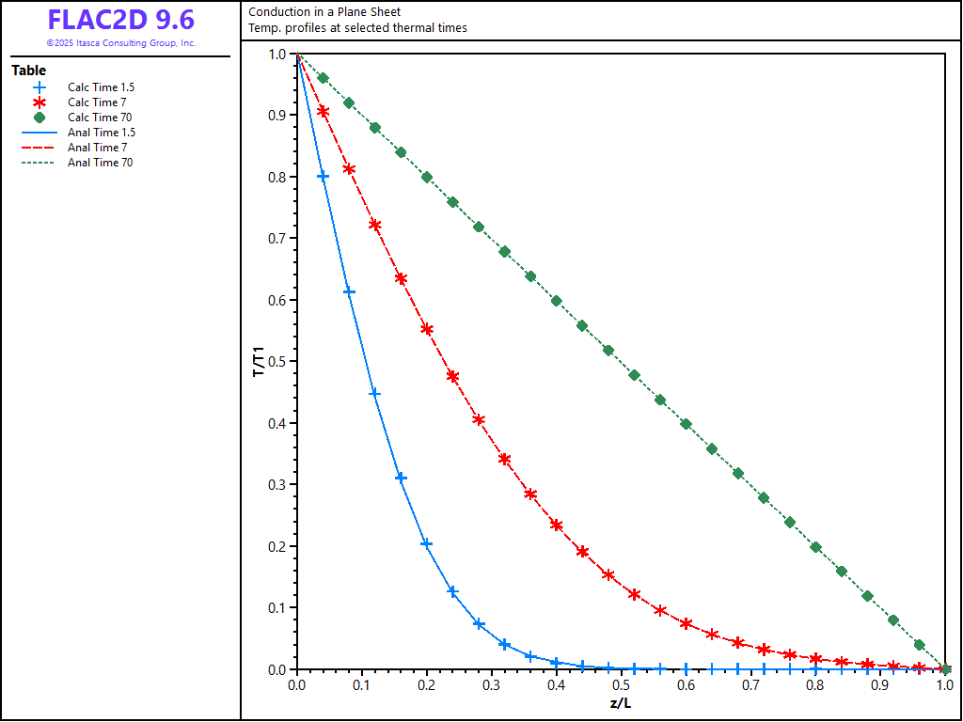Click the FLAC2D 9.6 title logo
[120, 21]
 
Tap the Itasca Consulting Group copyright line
[120, 43]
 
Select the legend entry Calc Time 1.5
[101, 87]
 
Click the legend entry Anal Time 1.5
[101, 133]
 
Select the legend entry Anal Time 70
[100, 163]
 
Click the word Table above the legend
[28, 71]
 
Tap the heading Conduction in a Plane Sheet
[324, 12]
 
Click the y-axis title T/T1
[259, 361]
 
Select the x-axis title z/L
[621, 703]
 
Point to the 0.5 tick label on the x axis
[621, 686]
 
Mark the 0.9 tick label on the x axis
[880, 686]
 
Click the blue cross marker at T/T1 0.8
[323, 177]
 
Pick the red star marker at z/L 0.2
[427, 329]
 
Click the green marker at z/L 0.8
[815, 547]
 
